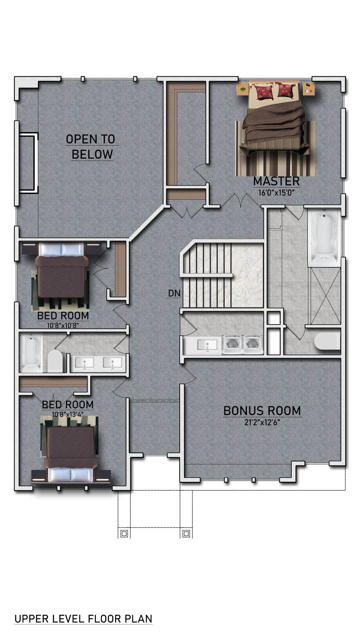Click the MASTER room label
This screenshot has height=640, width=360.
point(276,181)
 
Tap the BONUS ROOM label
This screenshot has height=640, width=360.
point(262,411)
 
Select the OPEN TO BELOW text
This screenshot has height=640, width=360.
point(91,147)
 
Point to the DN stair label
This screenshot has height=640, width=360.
point(174,293)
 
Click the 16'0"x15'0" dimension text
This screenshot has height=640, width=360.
point(276,193)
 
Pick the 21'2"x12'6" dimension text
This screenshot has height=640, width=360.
point(262,423)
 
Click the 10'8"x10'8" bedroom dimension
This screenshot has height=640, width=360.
point(63,325)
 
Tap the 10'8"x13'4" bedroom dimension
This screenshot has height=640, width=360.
point(68,414)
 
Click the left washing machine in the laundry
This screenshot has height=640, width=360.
point(232,344)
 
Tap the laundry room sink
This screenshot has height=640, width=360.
point(207,345)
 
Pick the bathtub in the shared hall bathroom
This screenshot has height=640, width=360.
point(31,353)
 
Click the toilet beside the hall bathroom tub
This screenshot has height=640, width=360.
point(55,361)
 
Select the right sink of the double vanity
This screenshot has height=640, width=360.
point(112,364)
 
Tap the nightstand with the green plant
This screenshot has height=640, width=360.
point(242,89)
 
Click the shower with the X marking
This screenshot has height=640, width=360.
point(326,296)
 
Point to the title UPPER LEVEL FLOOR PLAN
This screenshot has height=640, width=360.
point(83,619)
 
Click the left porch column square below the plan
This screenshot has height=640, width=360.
point(124,534)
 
